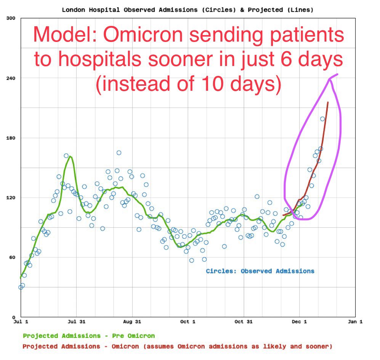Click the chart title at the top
tap(188, 10)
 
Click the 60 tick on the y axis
tap(11, 257)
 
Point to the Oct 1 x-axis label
tap(188, 322)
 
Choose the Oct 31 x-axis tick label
tap(244, 322)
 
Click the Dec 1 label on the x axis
tap(299, 322)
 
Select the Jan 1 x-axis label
tap(355, 322)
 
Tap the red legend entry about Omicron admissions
tap(177, 346)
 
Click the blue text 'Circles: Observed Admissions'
tap(260, 271)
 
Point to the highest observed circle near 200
tap(322, 119)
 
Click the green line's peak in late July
tap(70, 156)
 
